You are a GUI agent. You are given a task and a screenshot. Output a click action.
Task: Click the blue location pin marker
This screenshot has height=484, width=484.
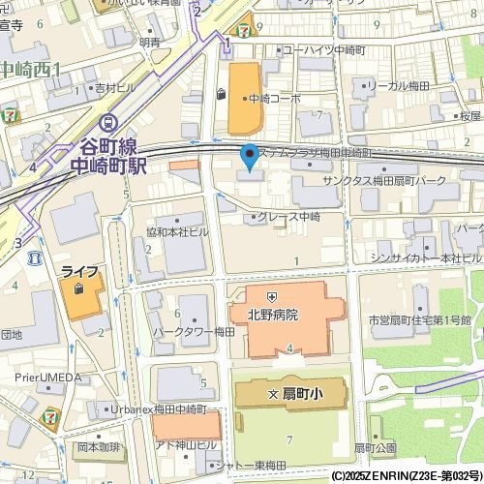(x=249, y=156)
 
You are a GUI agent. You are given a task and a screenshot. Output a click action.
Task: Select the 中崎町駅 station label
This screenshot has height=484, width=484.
(x=109, y=165)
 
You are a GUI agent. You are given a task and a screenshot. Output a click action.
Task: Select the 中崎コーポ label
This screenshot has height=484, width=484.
(x=274, y=98)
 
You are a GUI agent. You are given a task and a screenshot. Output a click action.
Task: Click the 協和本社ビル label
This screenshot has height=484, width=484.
(x=177, y=232)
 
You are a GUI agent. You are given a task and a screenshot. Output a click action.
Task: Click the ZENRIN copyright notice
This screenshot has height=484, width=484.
(x=405, y=476)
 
